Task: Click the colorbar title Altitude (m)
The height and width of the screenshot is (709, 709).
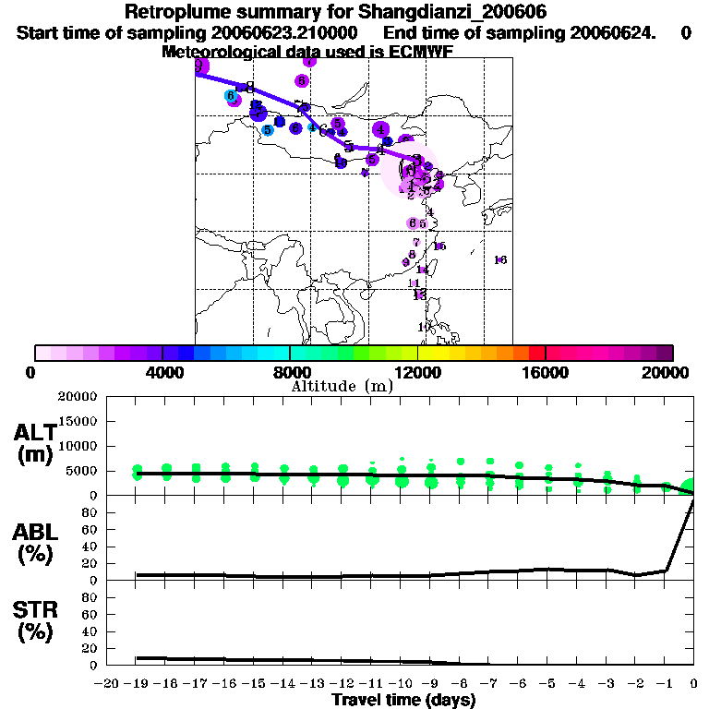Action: coord(342,386)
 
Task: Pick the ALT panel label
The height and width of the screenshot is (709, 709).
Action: coord(34,432)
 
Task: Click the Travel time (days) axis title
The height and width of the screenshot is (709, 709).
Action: coord(403,701)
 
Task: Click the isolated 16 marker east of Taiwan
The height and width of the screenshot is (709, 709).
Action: coord(500,260)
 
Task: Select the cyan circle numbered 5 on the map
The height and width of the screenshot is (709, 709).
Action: coord(268,130)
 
